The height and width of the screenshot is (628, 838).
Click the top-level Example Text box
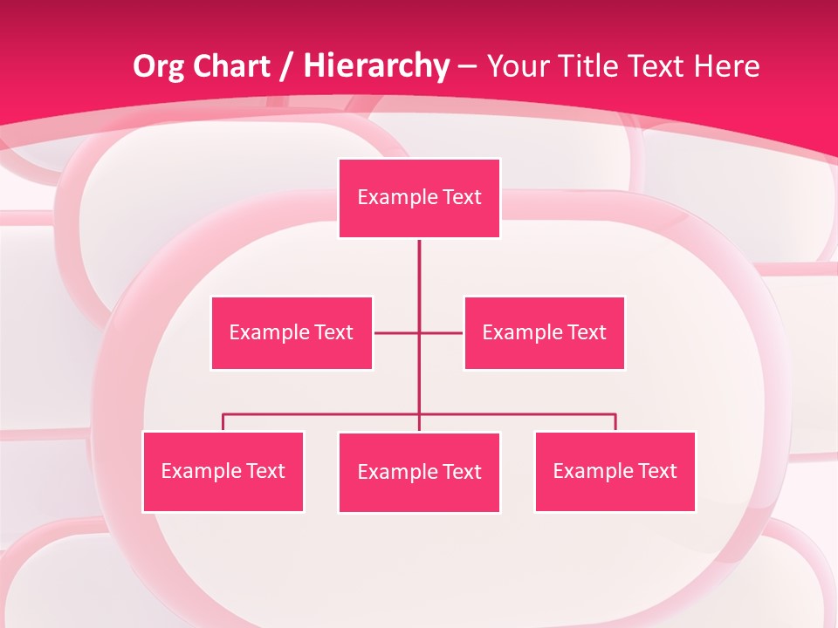tap(419, 198)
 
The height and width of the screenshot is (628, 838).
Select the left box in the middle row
tap(292, 332)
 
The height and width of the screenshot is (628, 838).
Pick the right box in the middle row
tap(544, 332)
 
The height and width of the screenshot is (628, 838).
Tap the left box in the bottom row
tap(223, 471)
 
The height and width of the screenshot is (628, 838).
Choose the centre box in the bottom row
tap(419, 472)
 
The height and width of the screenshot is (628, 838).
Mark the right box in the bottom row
tap(615, 471)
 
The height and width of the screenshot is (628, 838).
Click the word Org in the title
tap(159, 66)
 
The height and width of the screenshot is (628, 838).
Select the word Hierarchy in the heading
tap(376, 66)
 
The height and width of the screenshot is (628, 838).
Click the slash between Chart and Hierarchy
tap(286, 67)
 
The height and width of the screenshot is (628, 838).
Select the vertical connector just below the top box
tap(419, 262)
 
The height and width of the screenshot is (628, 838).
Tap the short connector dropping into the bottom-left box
tap(223, 422)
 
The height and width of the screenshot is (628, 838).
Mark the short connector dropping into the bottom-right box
tap(615, 422)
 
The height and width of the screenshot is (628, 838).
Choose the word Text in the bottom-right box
tap(657, 471)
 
